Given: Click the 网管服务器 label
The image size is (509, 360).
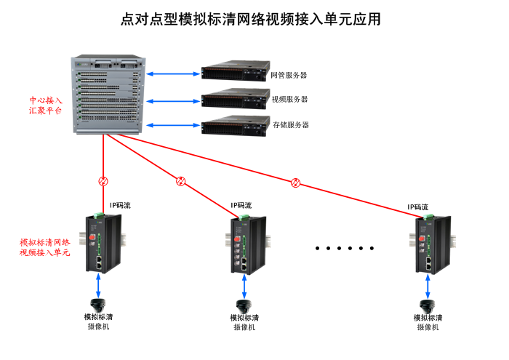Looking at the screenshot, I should coord(289,75).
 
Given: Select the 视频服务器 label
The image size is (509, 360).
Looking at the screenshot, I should coord(289,100).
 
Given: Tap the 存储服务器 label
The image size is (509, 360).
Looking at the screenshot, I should coord(291,125).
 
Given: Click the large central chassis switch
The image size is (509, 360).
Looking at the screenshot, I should coord(108,95).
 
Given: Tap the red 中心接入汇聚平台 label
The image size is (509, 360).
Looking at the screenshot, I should coord(45,105).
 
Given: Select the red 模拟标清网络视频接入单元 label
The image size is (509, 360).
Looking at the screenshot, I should coord(44,247).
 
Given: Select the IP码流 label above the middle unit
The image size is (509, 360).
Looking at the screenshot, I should coord(242,206).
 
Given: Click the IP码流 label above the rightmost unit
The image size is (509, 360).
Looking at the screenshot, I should coord(417,207).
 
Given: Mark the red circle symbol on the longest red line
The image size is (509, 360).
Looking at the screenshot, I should coord(295,183).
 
